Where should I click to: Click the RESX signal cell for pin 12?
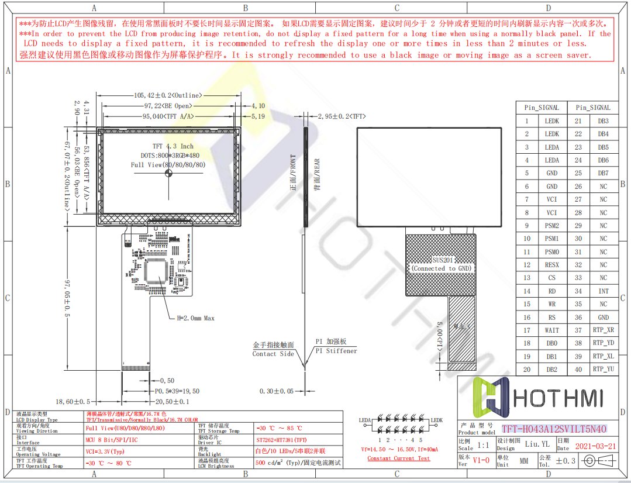point(552,265)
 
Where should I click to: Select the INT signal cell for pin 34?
point(603,291)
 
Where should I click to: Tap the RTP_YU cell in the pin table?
point(603,370)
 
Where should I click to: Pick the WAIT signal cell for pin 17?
point(552,330)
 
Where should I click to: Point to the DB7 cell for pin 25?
point(603,173)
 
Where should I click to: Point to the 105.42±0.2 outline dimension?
point(168,95)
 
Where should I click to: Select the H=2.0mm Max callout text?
point(195,318)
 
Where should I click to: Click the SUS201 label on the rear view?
point(443,260)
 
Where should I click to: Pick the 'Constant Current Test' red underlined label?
point(398,458)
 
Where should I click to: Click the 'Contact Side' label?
point(273,354)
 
